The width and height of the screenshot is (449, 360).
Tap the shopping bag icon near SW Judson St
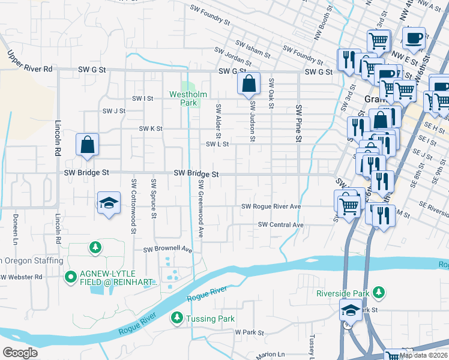pos(249,84)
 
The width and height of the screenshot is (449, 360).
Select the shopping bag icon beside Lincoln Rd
pos(88,145)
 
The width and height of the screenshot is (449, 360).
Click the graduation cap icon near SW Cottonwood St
pos(109,203)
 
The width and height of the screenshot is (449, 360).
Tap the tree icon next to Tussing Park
pos(177,317)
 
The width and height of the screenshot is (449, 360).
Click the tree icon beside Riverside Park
pos(378,292)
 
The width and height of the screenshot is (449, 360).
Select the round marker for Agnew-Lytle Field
pos(70,277)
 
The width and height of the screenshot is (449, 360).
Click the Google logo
pos(20,352)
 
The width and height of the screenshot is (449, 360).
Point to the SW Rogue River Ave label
pos(271,206)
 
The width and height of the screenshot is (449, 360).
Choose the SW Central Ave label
pos(280,224)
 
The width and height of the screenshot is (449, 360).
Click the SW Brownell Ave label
pos(167,249)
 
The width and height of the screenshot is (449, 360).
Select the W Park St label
pos(250,331)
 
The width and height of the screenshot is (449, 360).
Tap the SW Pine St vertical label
pos(298,124)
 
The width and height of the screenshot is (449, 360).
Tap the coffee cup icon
pos(414,38)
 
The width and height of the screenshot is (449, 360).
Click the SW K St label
pos(151,128)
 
